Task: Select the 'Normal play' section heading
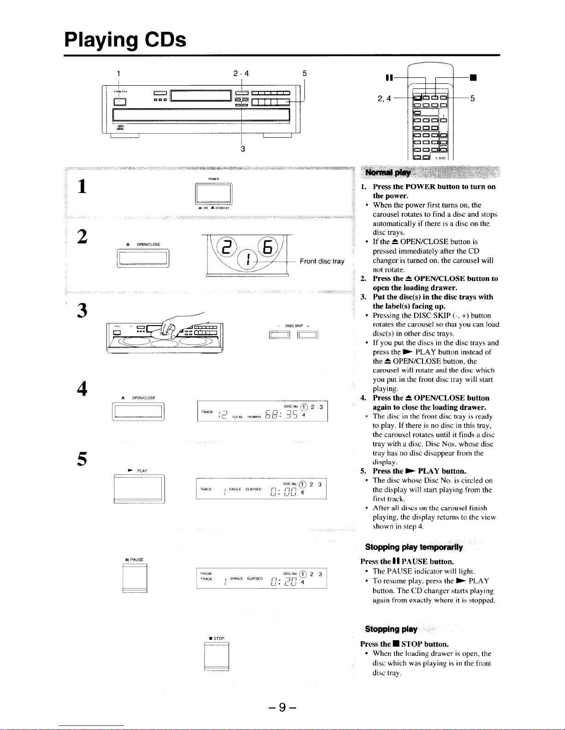(x=388, y=173)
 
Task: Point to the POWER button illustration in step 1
(x=214, y=194)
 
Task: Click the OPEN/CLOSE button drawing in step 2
(x=143, y=258)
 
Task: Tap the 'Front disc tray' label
(x=322, y=261)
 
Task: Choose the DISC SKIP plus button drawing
(x=308, y=335)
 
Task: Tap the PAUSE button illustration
(x=135, y=578)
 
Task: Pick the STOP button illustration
(x=216, y=657)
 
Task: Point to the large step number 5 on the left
(x=83, y=459)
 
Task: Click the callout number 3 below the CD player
(x=243, y=149)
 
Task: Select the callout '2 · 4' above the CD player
(x=241, y=73)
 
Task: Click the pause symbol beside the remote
(x=389, y=77)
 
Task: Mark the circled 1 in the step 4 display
(x=303, y=407)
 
